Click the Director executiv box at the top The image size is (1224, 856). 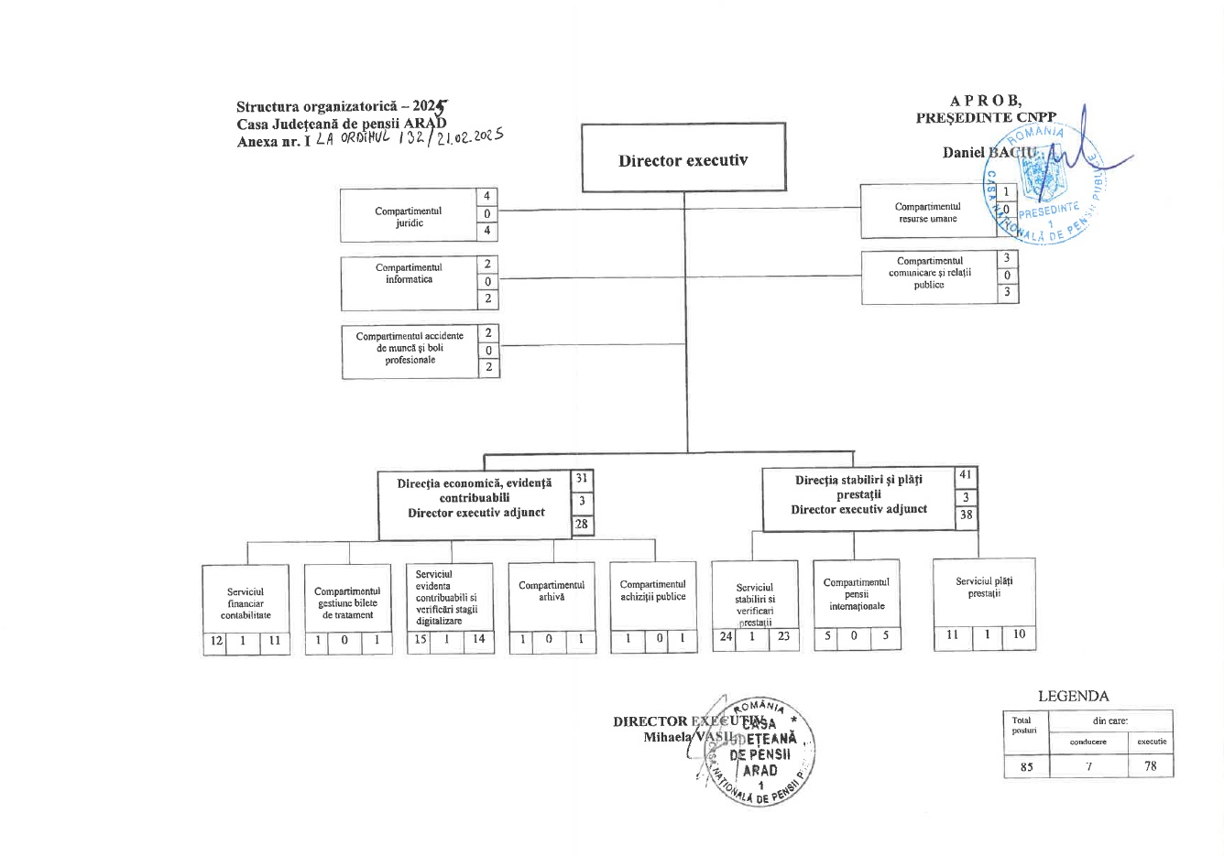click(683, 159)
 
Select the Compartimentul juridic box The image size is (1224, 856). click(409, 216)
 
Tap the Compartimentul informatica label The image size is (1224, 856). click(409, 273)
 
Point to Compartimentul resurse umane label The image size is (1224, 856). click(927, 212)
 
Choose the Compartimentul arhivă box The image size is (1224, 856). click(552, 591)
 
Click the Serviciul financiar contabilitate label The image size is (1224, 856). click(246, 603)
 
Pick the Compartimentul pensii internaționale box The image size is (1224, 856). click(857, 594)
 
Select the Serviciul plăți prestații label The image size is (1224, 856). click(984, 587)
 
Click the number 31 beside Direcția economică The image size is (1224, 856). click(582, 479)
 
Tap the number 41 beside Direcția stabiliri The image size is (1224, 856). click(966, 475)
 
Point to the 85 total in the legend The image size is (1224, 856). click(1026, 767)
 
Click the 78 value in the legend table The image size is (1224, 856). click(1151, 766)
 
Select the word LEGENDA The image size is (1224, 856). click(1073, 696)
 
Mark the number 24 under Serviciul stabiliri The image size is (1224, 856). click(725, 636)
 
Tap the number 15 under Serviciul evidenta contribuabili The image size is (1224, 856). click(420, 639)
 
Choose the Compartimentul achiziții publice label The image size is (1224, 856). click(652, 591)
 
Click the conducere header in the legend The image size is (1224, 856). click(1087, 742)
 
